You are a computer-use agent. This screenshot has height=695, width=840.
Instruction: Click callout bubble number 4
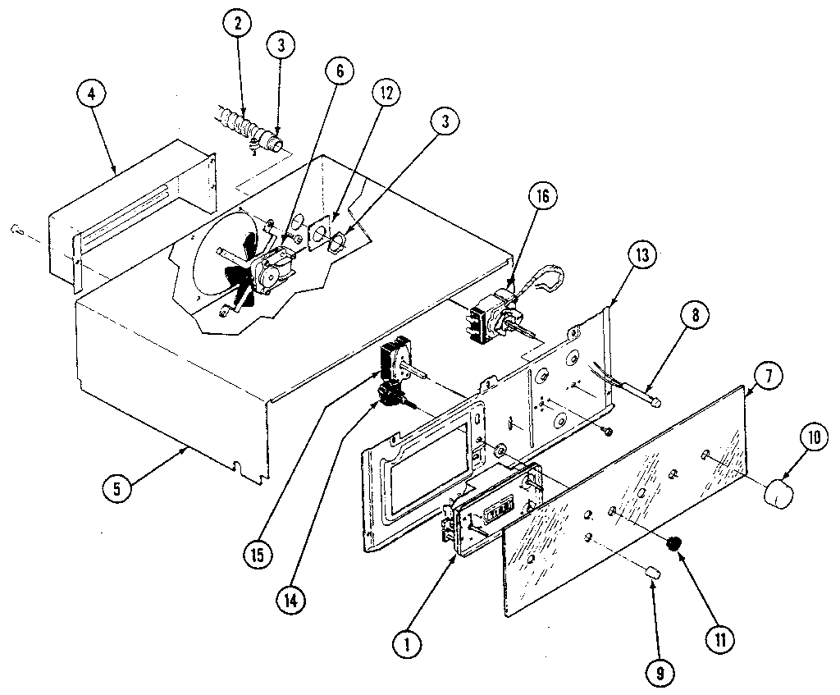[91, 94]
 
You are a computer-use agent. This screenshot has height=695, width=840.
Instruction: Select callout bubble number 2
[237, 24]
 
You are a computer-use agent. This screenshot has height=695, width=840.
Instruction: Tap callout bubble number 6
[339, 71]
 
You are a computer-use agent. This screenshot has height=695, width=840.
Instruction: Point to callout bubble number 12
[383, 92]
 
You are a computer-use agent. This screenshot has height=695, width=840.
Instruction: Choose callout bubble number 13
[641, 255]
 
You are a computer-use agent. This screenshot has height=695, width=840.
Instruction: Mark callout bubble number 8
[694, 314]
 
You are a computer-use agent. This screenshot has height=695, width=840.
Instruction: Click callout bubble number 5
[116, 487]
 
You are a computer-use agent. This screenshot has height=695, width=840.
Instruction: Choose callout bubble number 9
[660, 674]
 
